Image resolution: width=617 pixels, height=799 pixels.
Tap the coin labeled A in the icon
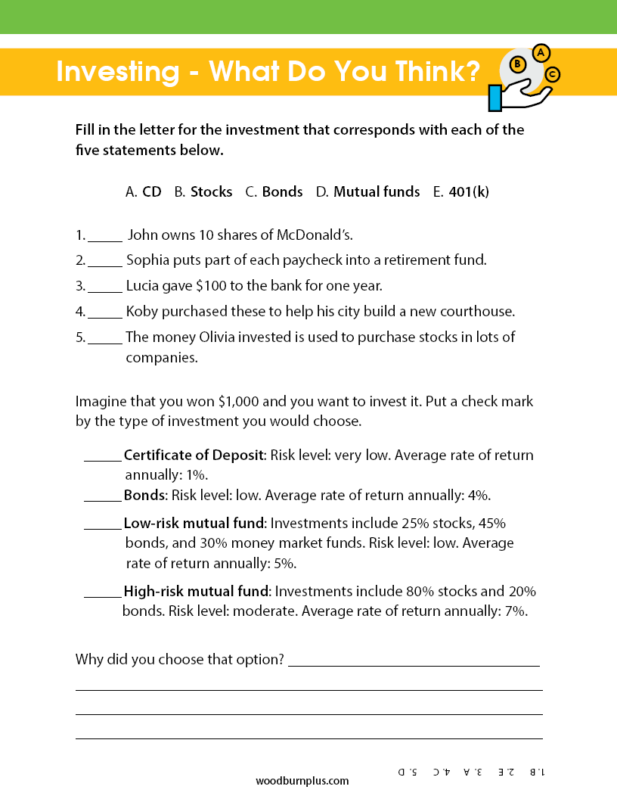pos(541,53)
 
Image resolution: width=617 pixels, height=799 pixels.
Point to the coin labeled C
pos(553,74)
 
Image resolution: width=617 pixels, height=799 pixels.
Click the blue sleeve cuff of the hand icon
pos(495,98)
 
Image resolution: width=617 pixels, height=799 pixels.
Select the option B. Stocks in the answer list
pos(203,192)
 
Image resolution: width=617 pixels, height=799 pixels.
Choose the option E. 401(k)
pos(461,192)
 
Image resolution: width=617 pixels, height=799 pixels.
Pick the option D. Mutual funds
pos(367,192)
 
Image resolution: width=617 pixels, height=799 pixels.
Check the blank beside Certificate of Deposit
pos(102,456)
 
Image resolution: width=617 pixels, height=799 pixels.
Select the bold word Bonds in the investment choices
pos(144,496)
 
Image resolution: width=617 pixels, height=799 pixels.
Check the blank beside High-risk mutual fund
pos(102,592)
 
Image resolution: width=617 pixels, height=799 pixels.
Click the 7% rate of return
pos(514,611)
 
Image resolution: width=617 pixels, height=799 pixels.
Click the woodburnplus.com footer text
pos(302,780)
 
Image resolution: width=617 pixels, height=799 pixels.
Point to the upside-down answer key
pos(471,772)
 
